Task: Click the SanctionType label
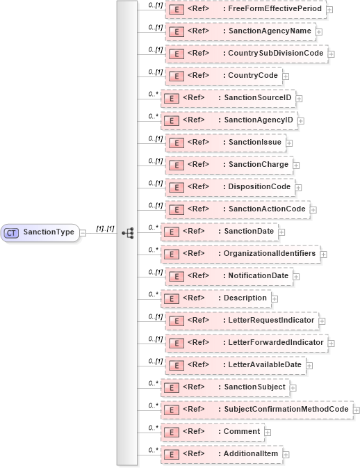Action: click(x=49, y=232)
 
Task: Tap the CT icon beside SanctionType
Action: click(x=12, y=232)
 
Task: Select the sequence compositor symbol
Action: click(x=127, y=233)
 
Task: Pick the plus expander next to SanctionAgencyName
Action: click(x=319, y=31)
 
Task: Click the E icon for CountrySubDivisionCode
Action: click(x=177, y=54)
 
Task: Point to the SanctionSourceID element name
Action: click(x=258, y=98)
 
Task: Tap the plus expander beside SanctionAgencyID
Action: click(x=300, y=121)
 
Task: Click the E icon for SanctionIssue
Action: click(x=177, y=143)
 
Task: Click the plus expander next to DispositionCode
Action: click(x=297, y=187)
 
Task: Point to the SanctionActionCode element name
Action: click(x=267, y=209)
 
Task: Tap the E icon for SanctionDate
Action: click(x=170, y=232)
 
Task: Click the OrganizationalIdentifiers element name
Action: click(x=270, y=253)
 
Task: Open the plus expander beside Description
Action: click(x=275, y=298)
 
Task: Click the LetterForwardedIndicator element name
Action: click(x=276, y=343)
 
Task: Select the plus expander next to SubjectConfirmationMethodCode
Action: click(x=357, y=410)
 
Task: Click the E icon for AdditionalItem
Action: click(x=170, y=454)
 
